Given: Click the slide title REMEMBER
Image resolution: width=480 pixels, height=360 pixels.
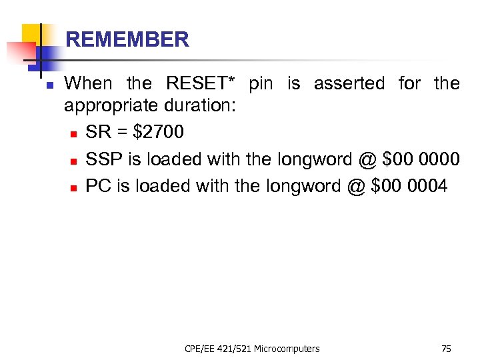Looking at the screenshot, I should coord(127,40).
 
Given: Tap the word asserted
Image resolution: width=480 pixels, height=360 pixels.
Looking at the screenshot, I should coord(349,84).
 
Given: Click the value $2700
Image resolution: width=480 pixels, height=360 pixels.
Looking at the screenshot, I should coord(159,133).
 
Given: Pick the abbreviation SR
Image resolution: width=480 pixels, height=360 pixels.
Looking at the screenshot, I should coord(99,133).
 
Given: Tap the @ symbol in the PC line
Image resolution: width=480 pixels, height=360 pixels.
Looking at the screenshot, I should coord(355,186).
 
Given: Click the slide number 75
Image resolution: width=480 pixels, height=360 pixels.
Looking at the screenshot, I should coord(446,349).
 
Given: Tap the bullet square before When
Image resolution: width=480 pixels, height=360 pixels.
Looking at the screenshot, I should coord(41,85).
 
